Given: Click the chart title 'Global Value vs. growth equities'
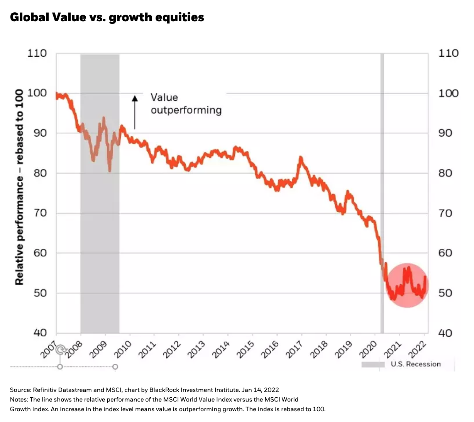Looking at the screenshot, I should click(107, 17).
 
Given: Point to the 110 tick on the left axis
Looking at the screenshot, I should click(37, 53).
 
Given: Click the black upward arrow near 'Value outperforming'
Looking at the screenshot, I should click(135, 112).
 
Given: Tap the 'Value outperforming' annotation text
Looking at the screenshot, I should click(186, 104).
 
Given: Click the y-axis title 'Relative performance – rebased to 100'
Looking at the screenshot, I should click(19, 187).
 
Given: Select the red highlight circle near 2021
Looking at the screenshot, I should click(407, 285).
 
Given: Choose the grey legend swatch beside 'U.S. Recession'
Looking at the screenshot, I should click(373, 365).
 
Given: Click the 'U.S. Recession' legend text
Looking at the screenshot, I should click(416, 364).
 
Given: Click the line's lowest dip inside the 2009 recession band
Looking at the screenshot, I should click(110, 170).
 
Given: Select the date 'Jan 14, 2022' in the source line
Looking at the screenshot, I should click(260, 390).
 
